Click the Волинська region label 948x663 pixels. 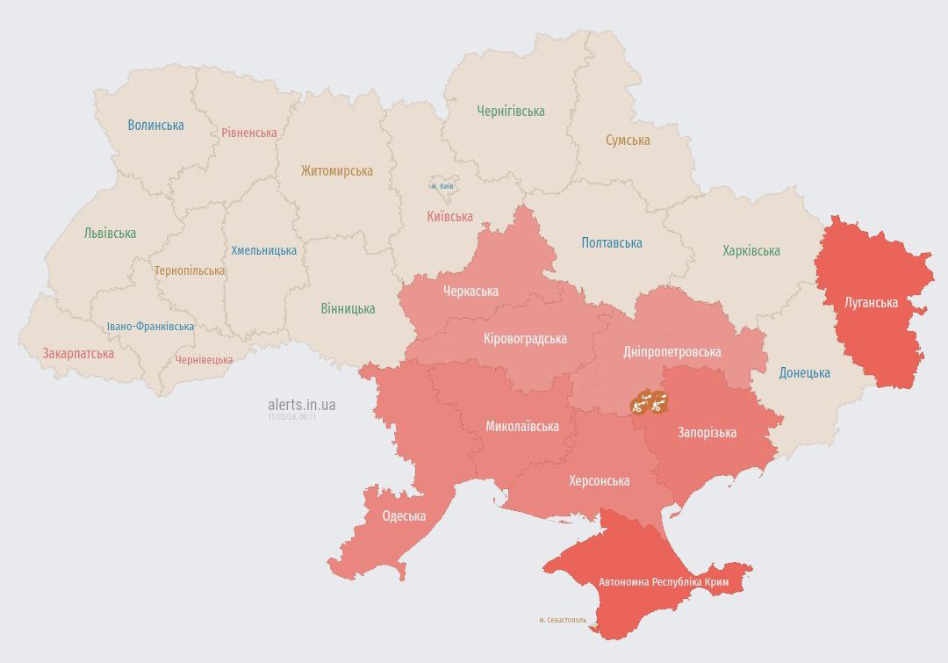tap(155, 125)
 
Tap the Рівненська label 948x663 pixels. tap(248, 133)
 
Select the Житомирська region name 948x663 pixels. tap(336, 171)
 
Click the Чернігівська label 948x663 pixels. tap(511, 111)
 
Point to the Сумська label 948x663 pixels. tap(628, 140)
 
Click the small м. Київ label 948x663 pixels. tap(442, 186)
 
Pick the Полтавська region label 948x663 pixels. tap(612, 242)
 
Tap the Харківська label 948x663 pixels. tap(750, 250)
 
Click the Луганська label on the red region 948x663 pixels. tap(871, 302)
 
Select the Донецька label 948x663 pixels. tap(804, 372)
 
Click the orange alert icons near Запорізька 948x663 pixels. tap(650, 403)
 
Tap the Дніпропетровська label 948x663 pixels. tap(671, 351)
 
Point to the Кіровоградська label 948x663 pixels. tap(525, 338)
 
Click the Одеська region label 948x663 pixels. tap(404, 515)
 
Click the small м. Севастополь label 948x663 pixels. tap(563, 620)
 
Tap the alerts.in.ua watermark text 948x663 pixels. tap(301, 405)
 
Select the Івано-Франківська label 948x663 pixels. tap(150, 326)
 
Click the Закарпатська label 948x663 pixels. tap(78, 353)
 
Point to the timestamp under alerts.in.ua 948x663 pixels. tap(292, 417)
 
